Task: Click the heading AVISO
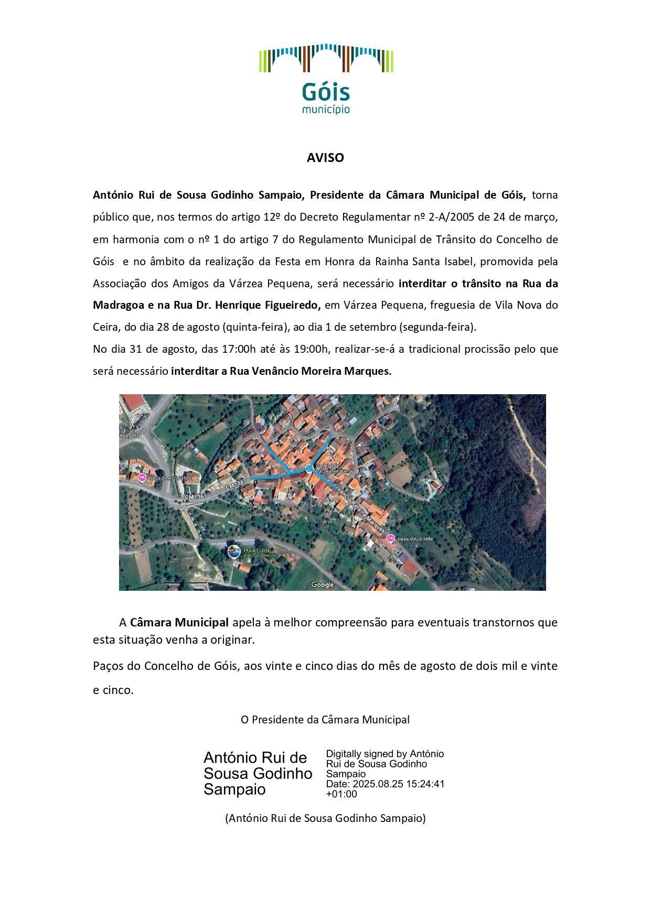click(325, 158)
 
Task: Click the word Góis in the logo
click(325, 93)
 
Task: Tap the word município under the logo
click(326, 110)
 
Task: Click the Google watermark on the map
click(323, 585)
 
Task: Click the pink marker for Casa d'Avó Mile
click(390, 538)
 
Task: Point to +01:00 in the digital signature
click(341, 794)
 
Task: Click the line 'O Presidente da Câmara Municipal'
click(325, 719)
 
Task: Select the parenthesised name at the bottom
click(325, 818)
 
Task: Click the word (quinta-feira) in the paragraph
click(253, 327)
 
